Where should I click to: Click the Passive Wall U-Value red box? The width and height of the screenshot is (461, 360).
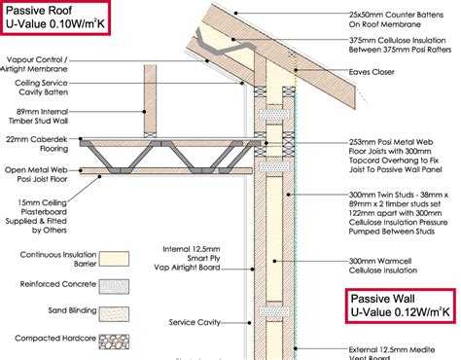click(x=400, y=306)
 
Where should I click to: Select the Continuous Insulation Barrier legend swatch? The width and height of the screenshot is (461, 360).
click(x=120, y=261)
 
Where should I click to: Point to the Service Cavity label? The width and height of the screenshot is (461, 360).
click(x=193, y=322)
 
